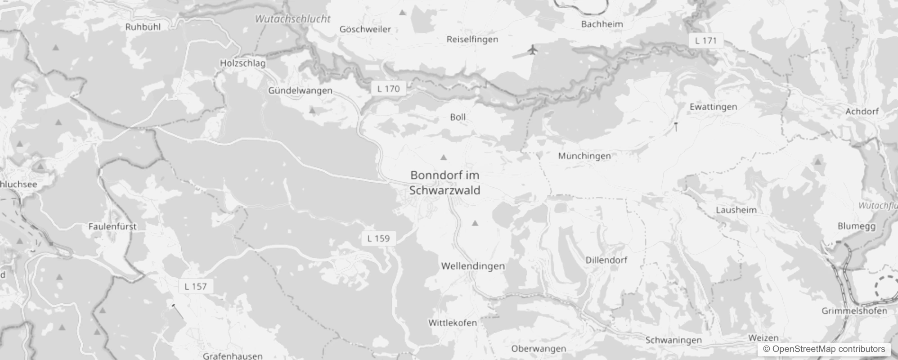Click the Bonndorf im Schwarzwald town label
445,183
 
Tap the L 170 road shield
388,89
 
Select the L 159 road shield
378,238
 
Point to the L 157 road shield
196,286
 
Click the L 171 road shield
705,40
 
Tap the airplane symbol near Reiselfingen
533,49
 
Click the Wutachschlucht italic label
292,19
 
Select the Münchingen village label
584,156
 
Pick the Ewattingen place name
713,107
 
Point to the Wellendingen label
473,266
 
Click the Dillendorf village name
606,260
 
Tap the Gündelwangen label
300,90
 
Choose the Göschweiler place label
365,29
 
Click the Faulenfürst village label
112,226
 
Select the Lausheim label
736,210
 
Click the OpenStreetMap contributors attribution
824,349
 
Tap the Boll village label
458,117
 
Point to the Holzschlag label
242,63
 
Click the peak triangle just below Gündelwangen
312,110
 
